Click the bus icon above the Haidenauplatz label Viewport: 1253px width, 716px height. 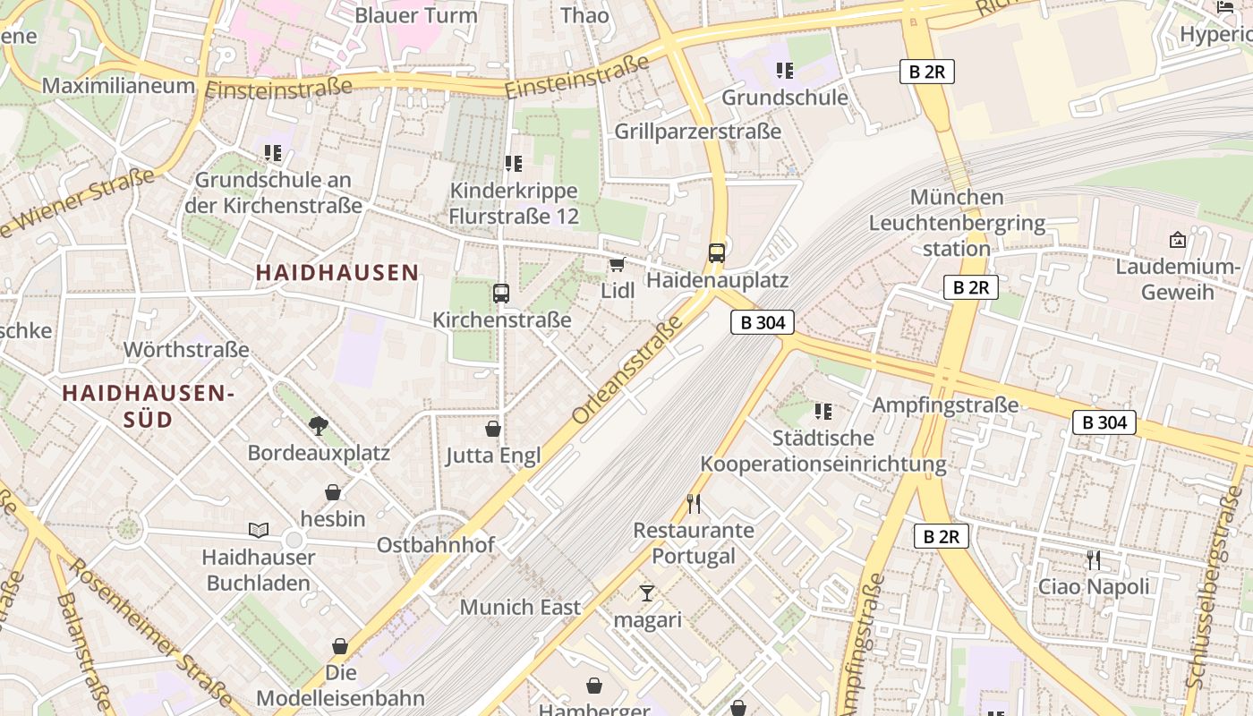coord(716,253)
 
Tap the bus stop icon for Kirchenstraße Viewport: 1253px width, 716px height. coord(500,293)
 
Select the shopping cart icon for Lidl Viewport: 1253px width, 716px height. coord(616,265)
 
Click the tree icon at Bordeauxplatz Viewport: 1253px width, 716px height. coord(318,425)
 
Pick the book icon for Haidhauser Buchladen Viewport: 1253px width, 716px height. coord(259,530)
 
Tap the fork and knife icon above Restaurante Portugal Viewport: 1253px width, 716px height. coord(694,503)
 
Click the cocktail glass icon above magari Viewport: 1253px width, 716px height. coord(647,592)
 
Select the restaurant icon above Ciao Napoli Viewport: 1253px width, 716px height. coord(1093,560)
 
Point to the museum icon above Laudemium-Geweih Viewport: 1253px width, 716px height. coord(1177,240)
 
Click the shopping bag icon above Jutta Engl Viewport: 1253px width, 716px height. coord(492,429)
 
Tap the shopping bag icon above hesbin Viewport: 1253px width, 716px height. coord(333,492)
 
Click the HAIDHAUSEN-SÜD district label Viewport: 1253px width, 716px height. coord(148,405)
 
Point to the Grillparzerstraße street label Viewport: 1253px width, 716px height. coord(697,132)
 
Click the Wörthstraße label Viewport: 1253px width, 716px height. coord(186,349)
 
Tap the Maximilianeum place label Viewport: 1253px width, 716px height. coord(118,86)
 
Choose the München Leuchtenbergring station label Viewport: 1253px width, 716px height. coord(957,222)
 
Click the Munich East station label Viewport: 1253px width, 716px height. coord(520,607)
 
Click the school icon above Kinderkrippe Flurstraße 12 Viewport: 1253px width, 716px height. coord(513,164)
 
